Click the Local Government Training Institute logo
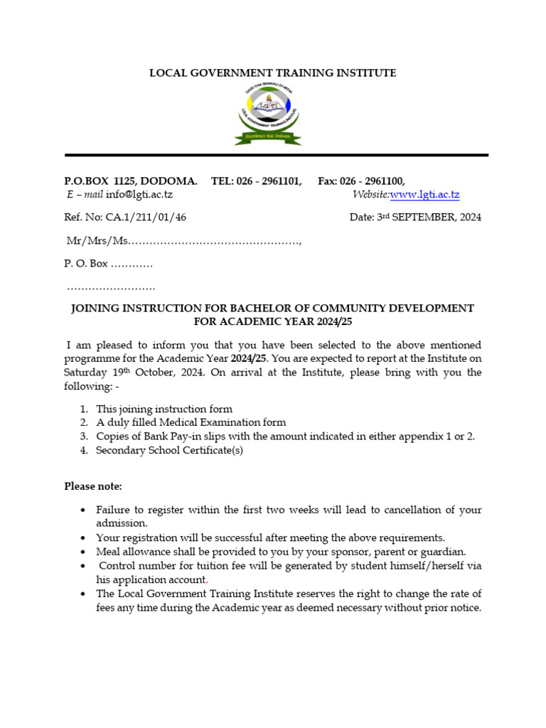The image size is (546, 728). pyautogui.click(x=268, y=114)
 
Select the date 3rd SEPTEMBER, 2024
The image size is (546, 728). pyautogui.click(x=428, y=218)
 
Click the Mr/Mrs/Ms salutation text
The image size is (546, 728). pyautogui.click(x=97, y=241)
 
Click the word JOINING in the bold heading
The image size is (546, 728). pyautogui.click(x=96, y=309)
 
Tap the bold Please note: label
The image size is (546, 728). pyautogui.click(x=93, y=486)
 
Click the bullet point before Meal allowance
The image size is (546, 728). pyautogui.click(x=83, y=552)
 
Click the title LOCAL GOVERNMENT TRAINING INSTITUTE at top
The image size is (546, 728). pyautogui.click(x=272, y=73)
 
